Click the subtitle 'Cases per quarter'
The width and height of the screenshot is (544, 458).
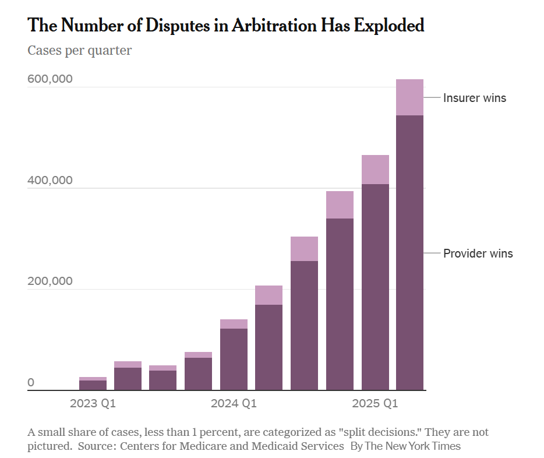point(80,51)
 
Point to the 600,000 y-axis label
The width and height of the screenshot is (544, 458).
point(50,79)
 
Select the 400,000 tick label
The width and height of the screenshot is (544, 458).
point(50,180)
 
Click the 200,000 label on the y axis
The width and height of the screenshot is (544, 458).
point(50,281)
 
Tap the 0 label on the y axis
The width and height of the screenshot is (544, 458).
point(31,382)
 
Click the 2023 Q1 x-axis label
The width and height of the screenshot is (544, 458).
point(93,403)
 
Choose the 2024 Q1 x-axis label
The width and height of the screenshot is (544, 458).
point(234,403)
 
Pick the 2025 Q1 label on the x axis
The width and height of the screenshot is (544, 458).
point(375,403)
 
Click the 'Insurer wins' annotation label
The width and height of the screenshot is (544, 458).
point(475,98)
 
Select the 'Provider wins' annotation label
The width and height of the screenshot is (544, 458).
point(478,253)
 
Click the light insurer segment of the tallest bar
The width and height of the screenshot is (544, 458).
point(409,97)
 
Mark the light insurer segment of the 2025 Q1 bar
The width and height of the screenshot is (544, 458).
point(375,170)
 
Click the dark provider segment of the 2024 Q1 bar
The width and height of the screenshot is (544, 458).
point(234,359)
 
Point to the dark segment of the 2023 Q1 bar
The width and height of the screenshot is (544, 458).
point(93,385)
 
